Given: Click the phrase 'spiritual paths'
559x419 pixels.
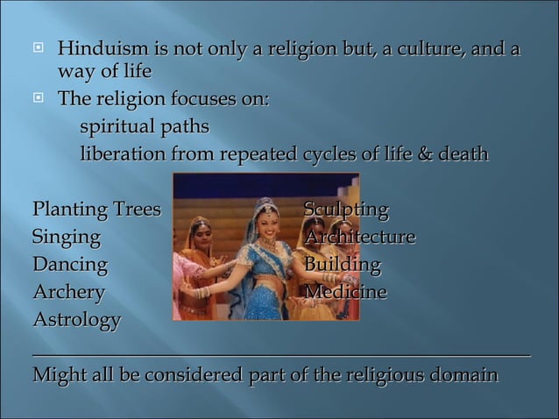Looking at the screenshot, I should point(145,127).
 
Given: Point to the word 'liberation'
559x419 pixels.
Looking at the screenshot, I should point(123,154).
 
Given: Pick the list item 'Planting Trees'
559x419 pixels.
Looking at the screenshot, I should point(96,210).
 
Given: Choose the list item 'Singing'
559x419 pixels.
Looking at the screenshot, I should point(66,238).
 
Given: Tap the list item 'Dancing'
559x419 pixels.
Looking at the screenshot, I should point(69,265).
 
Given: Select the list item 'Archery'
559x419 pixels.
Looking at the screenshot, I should point(68,292).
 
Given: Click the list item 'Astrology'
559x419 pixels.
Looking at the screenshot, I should point(76,319).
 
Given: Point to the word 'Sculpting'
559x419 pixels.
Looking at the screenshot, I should point(346,210).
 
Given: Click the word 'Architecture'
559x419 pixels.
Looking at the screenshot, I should point(359,238).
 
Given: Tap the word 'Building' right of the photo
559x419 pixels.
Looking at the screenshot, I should point(343,265).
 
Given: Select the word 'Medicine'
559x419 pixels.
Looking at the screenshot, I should point(345,292).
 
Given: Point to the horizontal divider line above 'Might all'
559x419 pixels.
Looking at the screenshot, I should point(280,353).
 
